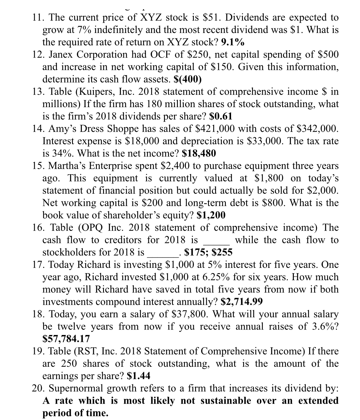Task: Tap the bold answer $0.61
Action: (221, 116)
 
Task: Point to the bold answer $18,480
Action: (199, 153)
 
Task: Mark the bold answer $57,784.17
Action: (66, 339)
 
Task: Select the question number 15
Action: (38, 166)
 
